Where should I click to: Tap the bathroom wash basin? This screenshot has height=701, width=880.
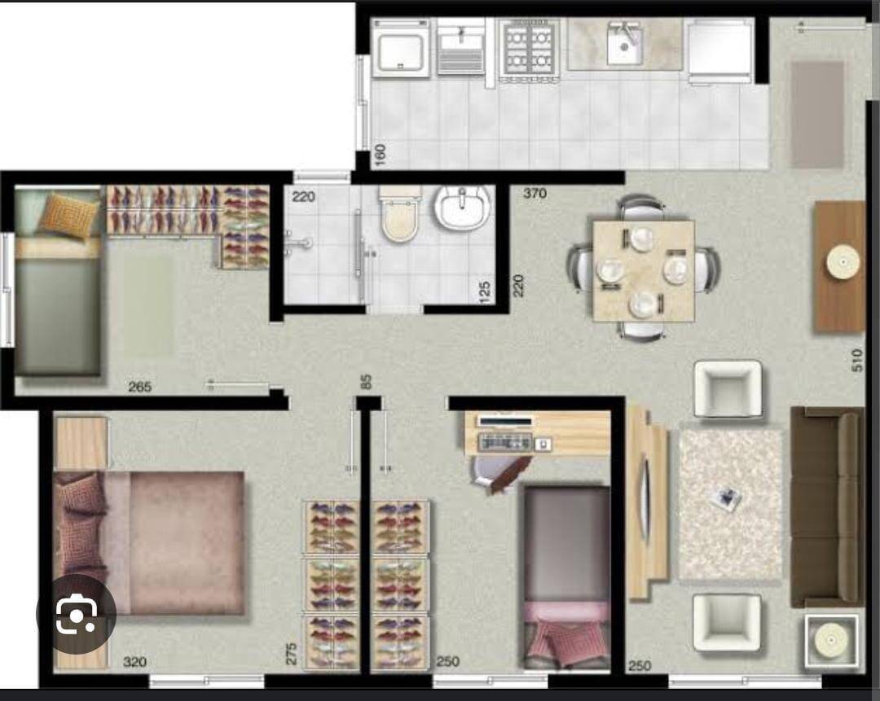[x=462, y=208]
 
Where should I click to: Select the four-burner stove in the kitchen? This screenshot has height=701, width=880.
[x=530, y=48]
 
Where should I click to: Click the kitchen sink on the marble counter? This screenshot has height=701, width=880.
[x=625, y=45]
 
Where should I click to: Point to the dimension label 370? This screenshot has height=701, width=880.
[x=535, y=194]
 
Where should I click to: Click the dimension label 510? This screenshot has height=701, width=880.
[x=856, y=361]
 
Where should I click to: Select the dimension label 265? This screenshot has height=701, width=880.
[x=140, y=387]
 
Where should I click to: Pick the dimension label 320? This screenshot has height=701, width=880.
[x=134, y=662]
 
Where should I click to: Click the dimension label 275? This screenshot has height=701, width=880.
[x=291, y=654]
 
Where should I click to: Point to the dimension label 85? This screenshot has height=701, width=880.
[x=366, y=380]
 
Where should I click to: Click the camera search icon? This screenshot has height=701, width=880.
[x=76, y=615]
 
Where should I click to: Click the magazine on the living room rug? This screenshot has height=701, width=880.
[x=724, y=498]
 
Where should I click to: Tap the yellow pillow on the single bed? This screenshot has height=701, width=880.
[x=69, y=214]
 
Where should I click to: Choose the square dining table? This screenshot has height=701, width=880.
[x=644, y=270]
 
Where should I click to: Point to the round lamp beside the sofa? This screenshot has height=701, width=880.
[x=831, y=637]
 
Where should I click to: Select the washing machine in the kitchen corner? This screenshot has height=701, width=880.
[x=400, y=48]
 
